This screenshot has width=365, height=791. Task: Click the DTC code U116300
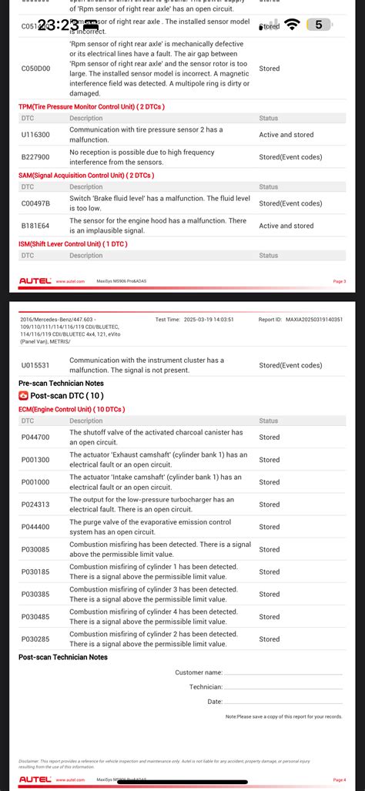click(x=35, y=135)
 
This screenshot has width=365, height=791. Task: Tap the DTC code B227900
click(x=35, y=157)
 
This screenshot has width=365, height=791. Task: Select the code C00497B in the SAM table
click(x=35, y=203)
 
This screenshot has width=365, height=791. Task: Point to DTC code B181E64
click(x=35, y=226)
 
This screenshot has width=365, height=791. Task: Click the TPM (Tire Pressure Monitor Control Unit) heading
click(x=91, y=106)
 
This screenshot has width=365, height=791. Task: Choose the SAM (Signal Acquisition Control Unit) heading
click(x=86, y=175)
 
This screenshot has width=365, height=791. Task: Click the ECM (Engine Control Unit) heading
click(x=72, y=409)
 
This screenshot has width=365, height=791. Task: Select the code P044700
click(x=35, y=437)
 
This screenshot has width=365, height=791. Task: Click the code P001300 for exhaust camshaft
click(x=35, y=460)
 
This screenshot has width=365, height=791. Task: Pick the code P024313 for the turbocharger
click(x=35, y=504)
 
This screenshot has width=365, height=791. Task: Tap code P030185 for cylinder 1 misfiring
click(x=35, y=571)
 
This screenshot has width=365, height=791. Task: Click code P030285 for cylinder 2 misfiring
click(x=35, y=639)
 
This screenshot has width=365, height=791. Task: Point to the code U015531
click(x=35, y=364)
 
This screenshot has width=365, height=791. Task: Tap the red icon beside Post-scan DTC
click(x=23, y=396)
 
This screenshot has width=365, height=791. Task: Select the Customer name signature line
click(x=283, y=672)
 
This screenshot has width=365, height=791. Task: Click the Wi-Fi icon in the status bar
click(x=292, y=25)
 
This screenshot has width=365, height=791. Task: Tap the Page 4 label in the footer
click(x=339, y=779)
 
